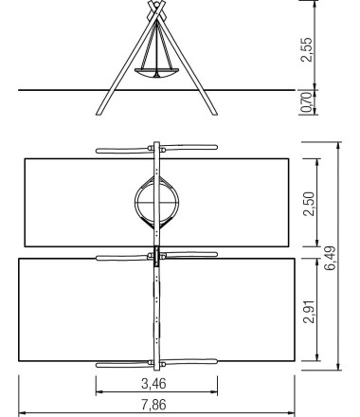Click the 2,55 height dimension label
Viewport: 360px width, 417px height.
pos(306,50)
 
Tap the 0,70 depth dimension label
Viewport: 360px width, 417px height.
pos(307,102)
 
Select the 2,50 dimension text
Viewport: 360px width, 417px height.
pos(309,204)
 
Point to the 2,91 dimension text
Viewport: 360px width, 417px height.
pos(309,311)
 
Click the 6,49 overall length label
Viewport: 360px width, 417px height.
pos(331,258)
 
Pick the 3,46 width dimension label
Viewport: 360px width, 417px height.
pos(153,384)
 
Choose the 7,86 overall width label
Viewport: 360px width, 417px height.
pos(153,405)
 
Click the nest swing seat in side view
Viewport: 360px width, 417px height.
pos(156,73)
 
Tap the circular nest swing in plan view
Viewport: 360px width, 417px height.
pos(156,202)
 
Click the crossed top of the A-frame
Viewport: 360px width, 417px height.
pos(156,10)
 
